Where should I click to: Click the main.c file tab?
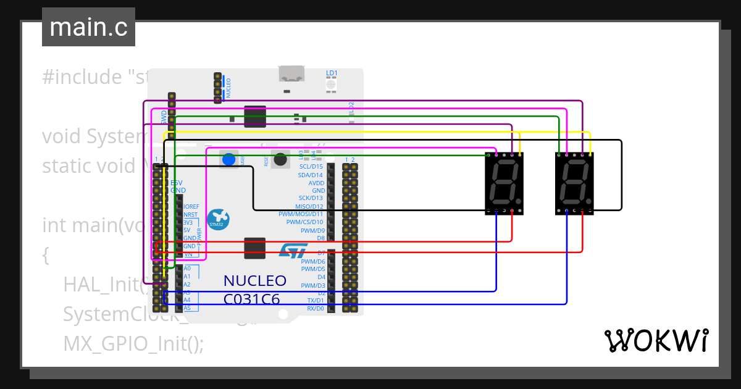click(x=88, y=27)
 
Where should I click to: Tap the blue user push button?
click(x=228, y=159)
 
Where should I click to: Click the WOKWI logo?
click(x=656, y=340)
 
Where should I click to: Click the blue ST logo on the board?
click(x=293, y=250)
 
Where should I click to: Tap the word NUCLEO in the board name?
click(x=254, y=281)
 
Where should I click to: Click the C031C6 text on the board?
click(x=251, y=299)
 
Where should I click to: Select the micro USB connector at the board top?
click(x=291, y=75)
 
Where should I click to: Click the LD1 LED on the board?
click(x=332, y=83)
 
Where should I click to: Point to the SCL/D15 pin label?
click(x=311, y=167)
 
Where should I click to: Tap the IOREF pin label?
click(x=191, y=206)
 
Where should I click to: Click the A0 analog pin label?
click(x=186, y=269)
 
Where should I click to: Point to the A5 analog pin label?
click(x=186, y=307)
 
